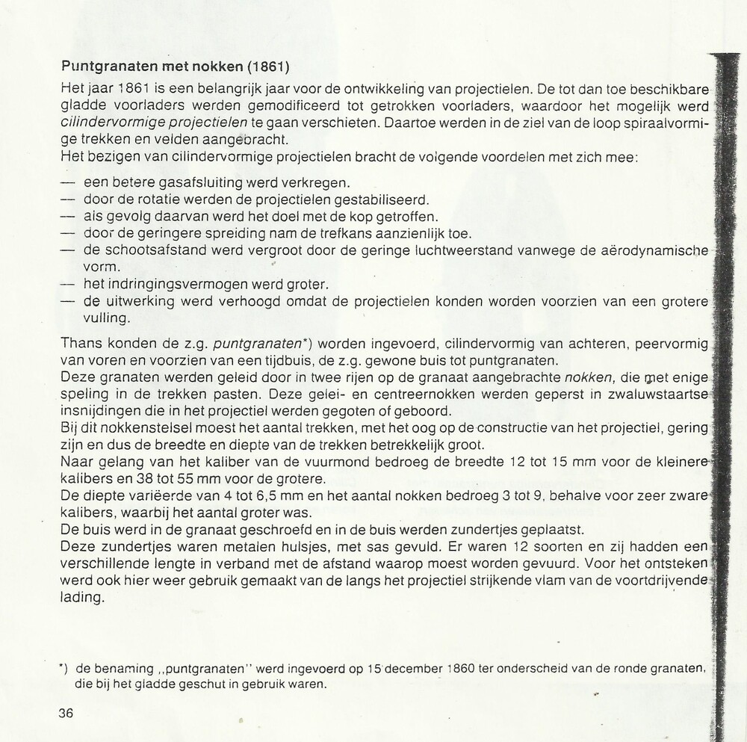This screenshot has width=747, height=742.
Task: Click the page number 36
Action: pos(66,712)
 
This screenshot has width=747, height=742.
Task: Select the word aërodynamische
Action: pos(654,250)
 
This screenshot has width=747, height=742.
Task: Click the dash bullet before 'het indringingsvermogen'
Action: pos(68,285)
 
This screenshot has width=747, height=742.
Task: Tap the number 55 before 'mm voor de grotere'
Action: pos(210,480)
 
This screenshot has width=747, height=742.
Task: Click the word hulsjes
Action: pos(283,547)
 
